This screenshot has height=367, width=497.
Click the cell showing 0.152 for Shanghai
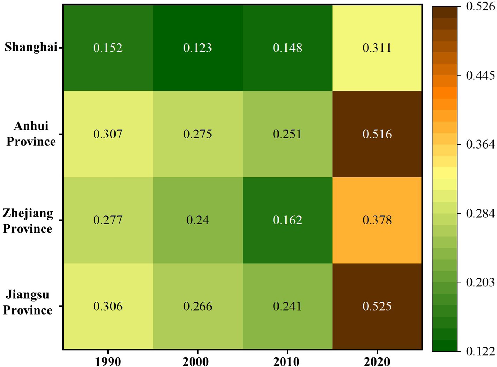108,48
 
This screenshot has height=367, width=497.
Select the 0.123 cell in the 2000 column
198,48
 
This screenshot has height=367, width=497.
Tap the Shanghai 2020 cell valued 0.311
377,48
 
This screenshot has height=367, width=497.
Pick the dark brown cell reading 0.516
377,134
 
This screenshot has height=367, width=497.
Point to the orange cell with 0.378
377,220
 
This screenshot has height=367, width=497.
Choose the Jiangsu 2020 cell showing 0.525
377,307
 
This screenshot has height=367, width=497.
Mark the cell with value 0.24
198,220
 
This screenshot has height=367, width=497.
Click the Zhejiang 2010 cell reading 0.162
287,220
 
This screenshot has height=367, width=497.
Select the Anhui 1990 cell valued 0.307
108,134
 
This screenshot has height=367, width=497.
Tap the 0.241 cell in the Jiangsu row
287,307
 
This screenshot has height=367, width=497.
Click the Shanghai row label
31,47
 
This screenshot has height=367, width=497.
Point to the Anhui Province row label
31,134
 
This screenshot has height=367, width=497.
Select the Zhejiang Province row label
28,221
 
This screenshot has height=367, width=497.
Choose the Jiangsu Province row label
28,302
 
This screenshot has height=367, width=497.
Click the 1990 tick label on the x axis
108,361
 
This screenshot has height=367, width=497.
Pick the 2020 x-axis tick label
377,361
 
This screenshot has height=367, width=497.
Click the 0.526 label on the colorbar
480,7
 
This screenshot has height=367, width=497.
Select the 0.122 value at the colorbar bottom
480,351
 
